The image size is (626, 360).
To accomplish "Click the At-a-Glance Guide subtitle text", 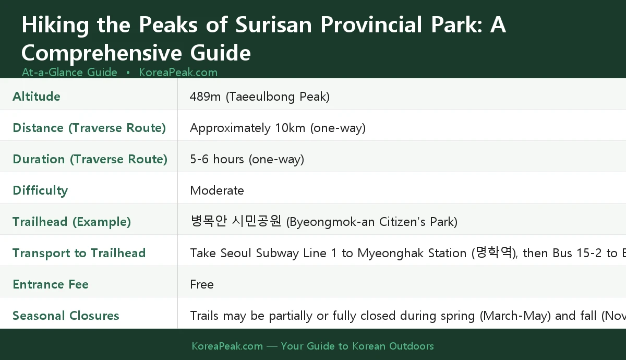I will coord(69,72).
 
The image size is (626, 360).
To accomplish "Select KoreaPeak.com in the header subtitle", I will coord(178,72).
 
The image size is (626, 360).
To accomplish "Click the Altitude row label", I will coord(37,97).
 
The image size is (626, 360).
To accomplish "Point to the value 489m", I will coord(206,97).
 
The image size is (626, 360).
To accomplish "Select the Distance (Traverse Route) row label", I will coord(89,128).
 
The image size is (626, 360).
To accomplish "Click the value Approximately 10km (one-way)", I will coord(278,128).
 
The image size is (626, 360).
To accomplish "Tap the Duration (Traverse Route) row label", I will coord(90,159).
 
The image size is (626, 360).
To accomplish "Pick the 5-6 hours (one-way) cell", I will coord(247,159).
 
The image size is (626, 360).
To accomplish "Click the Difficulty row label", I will coord(40,190).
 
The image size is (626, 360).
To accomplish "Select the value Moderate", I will coord(217,190).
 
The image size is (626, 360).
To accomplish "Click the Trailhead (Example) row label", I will coord(71,222).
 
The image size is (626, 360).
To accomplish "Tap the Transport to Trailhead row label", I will coord(79,253).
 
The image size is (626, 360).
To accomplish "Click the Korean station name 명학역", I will coord(492,253).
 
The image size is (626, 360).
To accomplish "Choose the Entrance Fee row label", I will coord(51,284).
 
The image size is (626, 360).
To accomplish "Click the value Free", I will coord(202,284).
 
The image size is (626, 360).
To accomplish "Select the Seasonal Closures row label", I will coord(66,316).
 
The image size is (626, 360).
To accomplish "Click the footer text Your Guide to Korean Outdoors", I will coord(357,346).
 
